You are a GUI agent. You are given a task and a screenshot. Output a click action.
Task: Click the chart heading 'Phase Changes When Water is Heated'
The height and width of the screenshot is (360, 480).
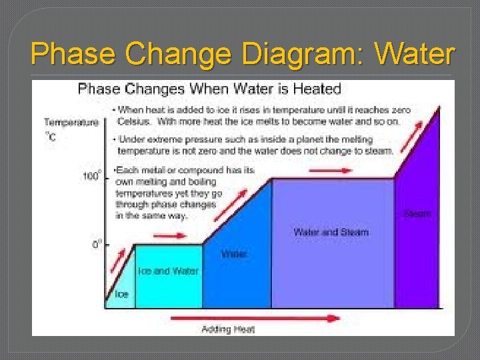(x=209, y=89)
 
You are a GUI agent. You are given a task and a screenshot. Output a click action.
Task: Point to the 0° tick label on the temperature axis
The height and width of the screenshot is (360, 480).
(x=97, y=244)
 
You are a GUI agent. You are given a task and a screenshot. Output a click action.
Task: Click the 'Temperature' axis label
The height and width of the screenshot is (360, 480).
(x=71, y=122)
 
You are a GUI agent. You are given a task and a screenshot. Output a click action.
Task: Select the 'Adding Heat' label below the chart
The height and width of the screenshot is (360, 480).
(x=228, y=329)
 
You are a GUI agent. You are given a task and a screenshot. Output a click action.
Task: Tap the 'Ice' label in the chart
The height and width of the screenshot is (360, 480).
(x=122, y=294)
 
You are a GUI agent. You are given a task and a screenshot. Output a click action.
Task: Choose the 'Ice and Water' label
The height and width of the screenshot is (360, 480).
(x=168, y=271)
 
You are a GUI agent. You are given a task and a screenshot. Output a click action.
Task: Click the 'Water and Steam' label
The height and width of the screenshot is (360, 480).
(x=331, y=232)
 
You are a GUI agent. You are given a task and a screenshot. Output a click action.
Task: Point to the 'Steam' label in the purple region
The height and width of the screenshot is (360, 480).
(x=417, y=214)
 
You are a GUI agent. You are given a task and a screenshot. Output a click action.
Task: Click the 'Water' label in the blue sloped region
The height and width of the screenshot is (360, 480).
(x=234, y=254)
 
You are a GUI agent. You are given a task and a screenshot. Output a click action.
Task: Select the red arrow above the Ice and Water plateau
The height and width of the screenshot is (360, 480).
(x=168, y=237)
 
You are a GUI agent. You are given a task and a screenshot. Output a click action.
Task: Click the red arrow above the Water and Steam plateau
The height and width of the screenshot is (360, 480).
(x=331, y=170)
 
